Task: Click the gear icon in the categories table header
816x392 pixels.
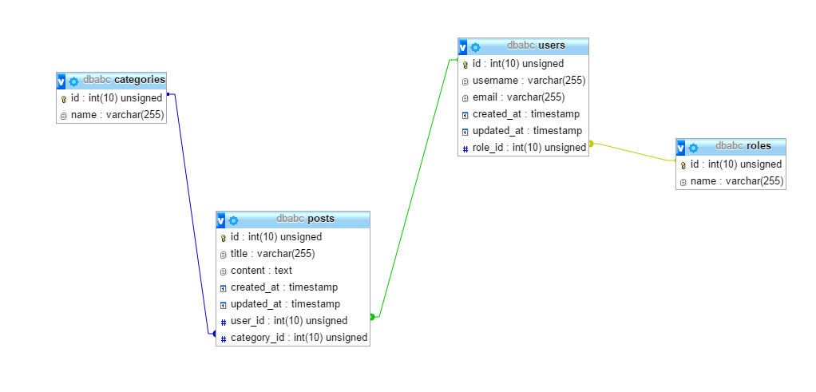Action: click(74, 81)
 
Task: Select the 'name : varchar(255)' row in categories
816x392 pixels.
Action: click(117, 115)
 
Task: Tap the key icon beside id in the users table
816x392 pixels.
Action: click(465, 64)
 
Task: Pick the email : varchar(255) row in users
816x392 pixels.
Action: click(518, 97)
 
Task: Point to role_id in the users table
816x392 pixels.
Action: click(529, 148)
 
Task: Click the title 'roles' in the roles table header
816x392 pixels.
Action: click(759, 146)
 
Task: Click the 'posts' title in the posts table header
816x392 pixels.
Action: click(321, 219)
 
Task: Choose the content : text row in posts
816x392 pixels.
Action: click(261, 271)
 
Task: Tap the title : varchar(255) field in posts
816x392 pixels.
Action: click(272, 254)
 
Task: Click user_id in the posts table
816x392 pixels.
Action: click(288, 321)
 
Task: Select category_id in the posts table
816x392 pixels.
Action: click(299, 338)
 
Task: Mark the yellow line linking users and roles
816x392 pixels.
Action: click(635, 152)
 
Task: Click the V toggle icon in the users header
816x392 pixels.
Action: click(463, 46)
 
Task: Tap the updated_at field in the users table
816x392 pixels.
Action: click(527, 131)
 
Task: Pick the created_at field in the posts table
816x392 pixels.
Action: click(283, 287)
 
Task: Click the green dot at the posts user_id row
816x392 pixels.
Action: click(372, 317)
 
